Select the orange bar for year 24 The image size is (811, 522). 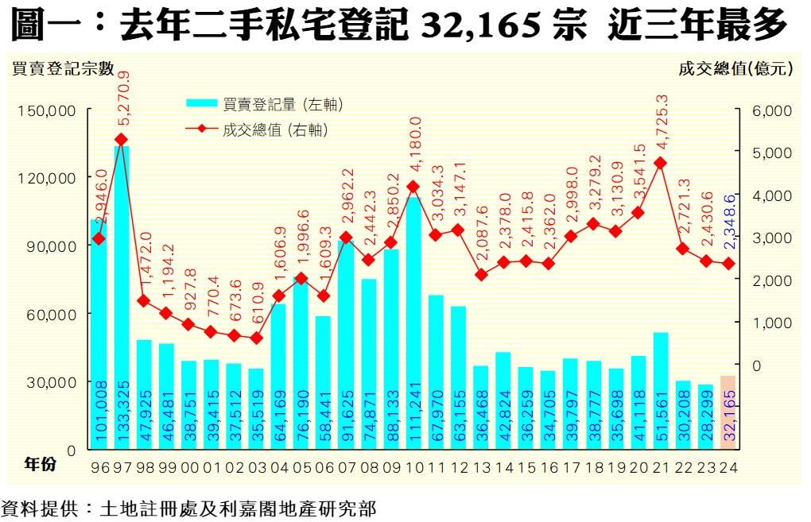tap(727, 412)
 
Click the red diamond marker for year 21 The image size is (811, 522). tap(659, 163)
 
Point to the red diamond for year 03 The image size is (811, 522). tap(256, 338)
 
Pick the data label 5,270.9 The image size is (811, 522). tap(122, 102)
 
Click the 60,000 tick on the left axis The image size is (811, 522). tap(54, 314)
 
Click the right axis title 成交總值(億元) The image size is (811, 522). tap(735, 68)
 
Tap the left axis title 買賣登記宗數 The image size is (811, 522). tap(63, 68)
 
